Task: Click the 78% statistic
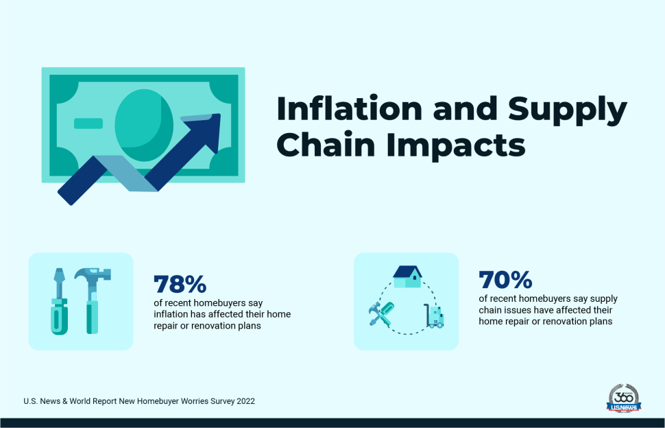[x=180, y=284]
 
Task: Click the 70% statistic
[x=505, y=280]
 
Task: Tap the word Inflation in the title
[x=349, y=108]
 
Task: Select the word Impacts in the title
[x=456, y=146]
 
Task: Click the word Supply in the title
[x=568, y=110]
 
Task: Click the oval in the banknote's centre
[x=144, y=125]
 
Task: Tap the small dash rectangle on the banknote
[x=88, y=123]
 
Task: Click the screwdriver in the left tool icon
[x=60, y=301]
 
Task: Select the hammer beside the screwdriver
[x=93, y=300]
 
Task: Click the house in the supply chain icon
[x=407, y=277]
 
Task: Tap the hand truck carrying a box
[x=434, y=316]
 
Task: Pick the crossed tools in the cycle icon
[x=381, y=314]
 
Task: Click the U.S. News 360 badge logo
[x=624, y=399]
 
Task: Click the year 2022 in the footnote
[x=246, y=401]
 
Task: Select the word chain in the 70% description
[x=490, y=310]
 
